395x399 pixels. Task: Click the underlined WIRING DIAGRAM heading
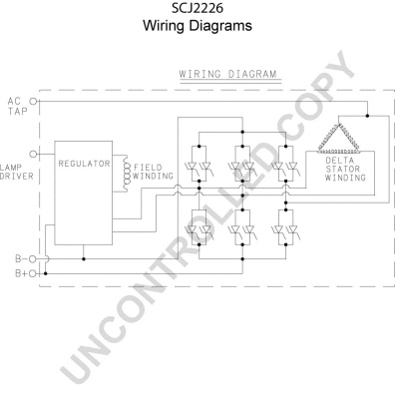click(x=226, y=74)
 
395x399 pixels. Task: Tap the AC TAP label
click(x=14, y=107)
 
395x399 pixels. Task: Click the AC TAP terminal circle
click(x=35, y=102)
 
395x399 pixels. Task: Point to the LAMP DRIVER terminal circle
click(x=35, y=155)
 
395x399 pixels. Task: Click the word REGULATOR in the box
click(x=84, y=162)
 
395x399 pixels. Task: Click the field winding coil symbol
click(x=127, y=171)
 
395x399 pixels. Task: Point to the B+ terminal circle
click(x=35, y=272)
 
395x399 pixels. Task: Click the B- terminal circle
click(x=35, y=259)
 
